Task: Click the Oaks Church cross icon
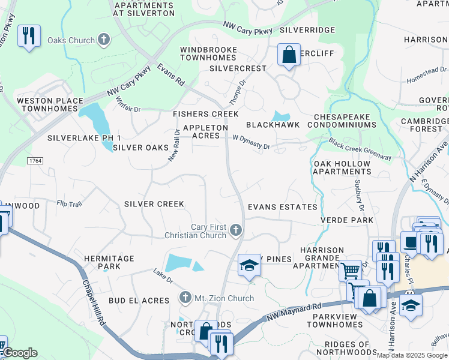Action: pyautogui.click(x=104, y=40)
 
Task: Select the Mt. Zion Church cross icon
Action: pyautogui.click(x=185, y=298)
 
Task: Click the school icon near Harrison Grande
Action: pyautogui.click(x=249, y=265)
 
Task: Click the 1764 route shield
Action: pyautogui.click(x=35, y=161)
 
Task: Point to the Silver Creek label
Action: pyautogui.click(x=154, y=204)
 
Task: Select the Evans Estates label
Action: pyautogui.click(x=283, y=207)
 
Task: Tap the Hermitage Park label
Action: pyautogui.click(x=109, y=262)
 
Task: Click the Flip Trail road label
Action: pyautogui.click(x=69, y=204)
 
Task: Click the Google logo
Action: pyautogui.click(x=19, y=353)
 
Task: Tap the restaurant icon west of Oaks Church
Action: pyautogui.click(x=29, y=36)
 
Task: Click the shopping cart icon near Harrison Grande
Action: pyautogui.click(x=350, y=270)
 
